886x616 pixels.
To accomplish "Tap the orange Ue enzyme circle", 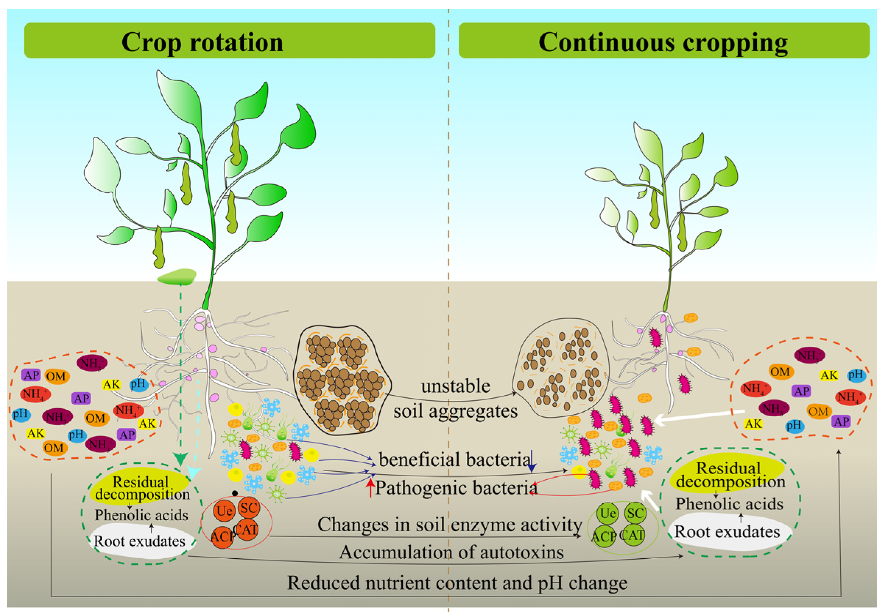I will (224, 511).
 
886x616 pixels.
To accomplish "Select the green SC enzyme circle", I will (635, 513).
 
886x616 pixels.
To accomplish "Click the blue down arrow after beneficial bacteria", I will (532, 462).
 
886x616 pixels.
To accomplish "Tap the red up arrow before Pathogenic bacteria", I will (370, 487).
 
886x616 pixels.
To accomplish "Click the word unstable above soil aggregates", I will (455, 386).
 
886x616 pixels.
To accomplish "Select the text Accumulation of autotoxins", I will (451, 552).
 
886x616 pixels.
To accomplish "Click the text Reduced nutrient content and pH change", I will (457, 583).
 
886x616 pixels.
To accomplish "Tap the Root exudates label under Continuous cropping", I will (727, 532).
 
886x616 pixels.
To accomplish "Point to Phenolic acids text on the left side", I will (141, 515).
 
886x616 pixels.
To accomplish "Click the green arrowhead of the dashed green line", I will (180, 459).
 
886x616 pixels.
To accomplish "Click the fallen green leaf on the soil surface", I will (177, 276).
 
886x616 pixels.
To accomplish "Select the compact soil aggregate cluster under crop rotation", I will (342, 380).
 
